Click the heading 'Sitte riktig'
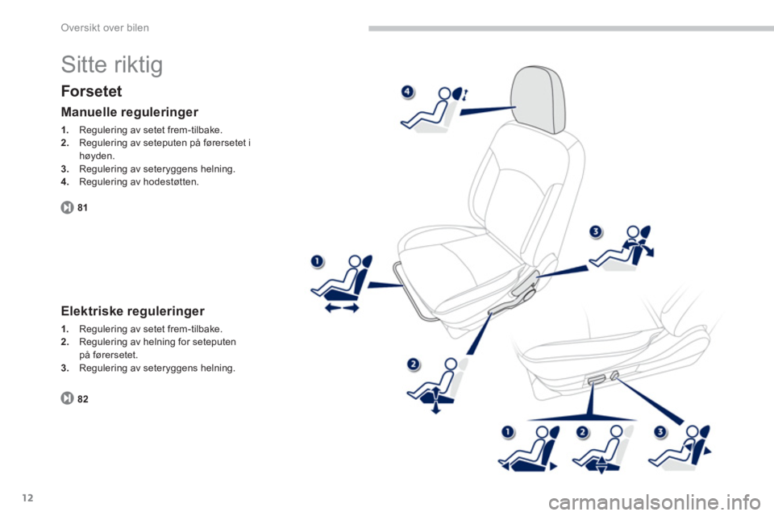pyautogui.click(x=111, y=64)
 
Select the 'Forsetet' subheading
pyautogui.click(x=91, y=91)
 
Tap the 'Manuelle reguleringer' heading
pyautogui.click(x=129, y=112)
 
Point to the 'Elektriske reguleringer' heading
pyautogui.click(x=132, y=311)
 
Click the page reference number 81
pyautogui.click(x=82, y=208)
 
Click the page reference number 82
pyautogui.click(x=83, y=399)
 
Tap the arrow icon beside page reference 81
pyautogui.click(x=67, y=207)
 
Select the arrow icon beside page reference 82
pyautogui.click(x=67, y=398)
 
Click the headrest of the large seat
pyautogui.click(x=538, y=98)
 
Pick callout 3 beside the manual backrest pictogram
pyautogui.click(x=596, y=231)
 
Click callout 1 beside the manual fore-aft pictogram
pyautogui.click(x=317, y=260)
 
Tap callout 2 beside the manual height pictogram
pyautogui.click(x=413, y=364)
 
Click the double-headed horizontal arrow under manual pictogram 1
pyautogui.click(x=342, y=308)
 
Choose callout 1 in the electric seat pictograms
pyautogui.click(x=507, y=432)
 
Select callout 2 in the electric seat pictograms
pyautogui.click(x=583, y=432)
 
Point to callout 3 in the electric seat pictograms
pyautogui.click(x=660, y=432)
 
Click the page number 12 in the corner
pyautogui.click(x=28, y=497)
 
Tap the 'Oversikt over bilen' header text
pyautogui.click(x=105, y=27)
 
